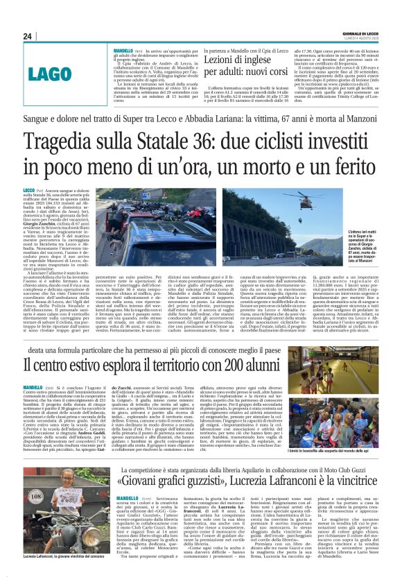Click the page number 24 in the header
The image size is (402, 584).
[x=28, y=36]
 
